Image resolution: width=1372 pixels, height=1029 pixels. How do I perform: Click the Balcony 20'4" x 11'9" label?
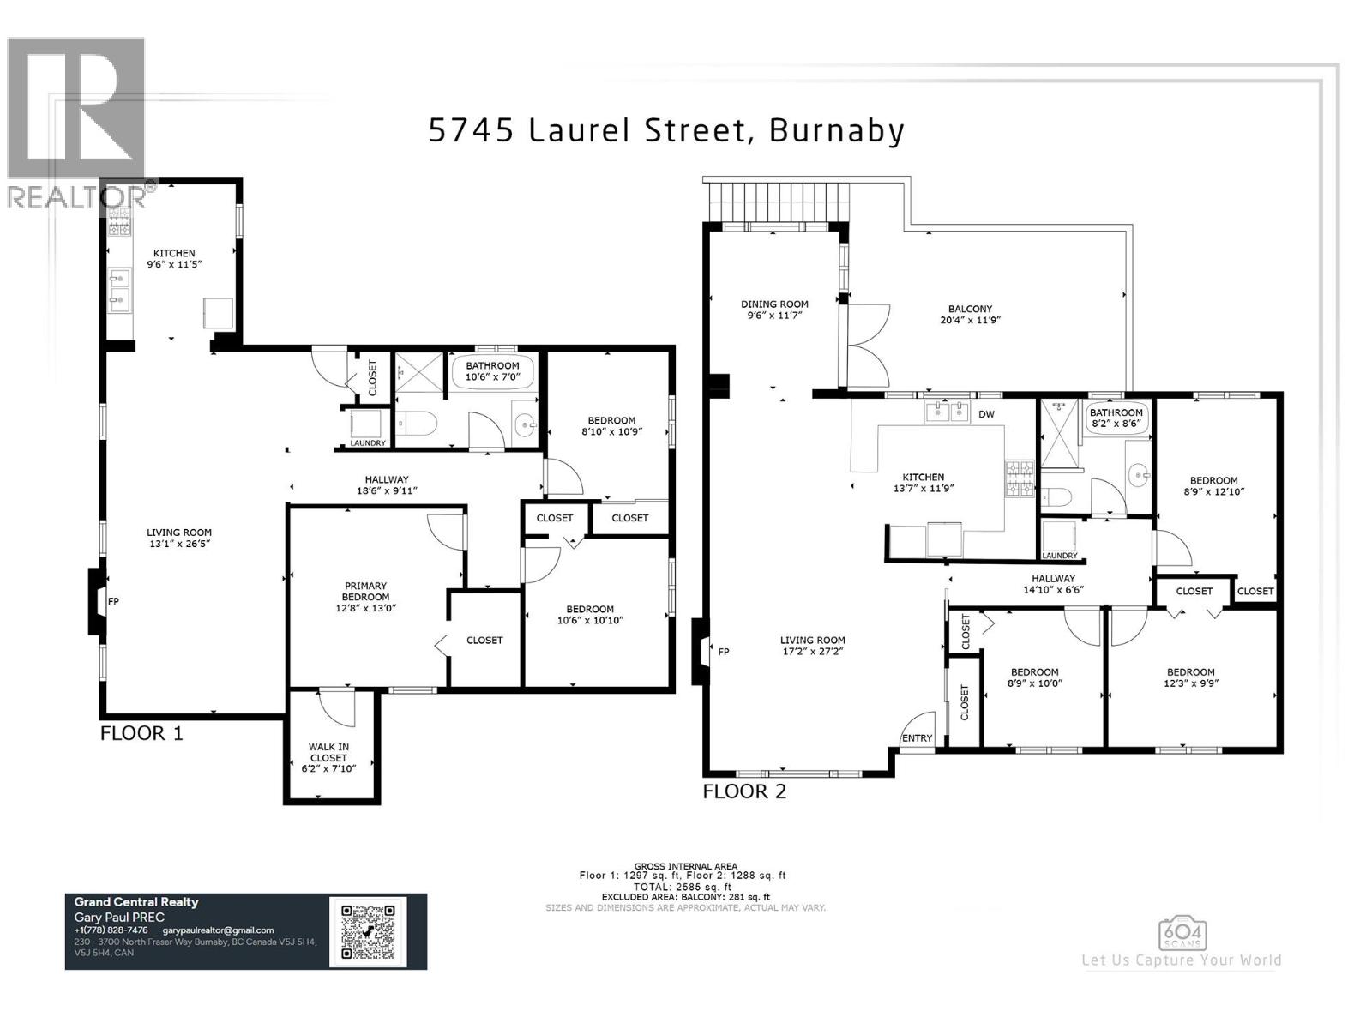(970, 314)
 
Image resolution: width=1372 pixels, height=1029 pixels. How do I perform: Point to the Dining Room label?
(774, 309)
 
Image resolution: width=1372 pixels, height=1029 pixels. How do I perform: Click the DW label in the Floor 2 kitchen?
(986, 414)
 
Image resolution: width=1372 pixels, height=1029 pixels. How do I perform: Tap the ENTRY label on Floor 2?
(917, 738)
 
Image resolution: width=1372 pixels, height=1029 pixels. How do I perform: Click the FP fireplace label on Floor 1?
(113, 601)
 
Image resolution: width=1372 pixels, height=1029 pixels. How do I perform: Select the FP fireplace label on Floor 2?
(723, 652)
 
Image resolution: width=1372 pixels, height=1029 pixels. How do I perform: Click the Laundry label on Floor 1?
(368, 442)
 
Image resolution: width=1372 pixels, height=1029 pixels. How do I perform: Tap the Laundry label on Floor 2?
(1060, 556)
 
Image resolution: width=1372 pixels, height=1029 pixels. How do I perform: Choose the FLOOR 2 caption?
(744, 791)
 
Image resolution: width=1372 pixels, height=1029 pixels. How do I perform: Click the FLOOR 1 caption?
(141, 733)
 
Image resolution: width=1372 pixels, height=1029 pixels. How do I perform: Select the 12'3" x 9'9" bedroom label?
(1190, 677)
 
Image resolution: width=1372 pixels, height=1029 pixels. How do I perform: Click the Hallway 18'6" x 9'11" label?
(387, 485)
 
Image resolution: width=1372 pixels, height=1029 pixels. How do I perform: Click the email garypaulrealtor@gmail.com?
(218, 930)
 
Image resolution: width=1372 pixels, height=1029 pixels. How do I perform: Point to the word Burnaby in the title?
(837, 130)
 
